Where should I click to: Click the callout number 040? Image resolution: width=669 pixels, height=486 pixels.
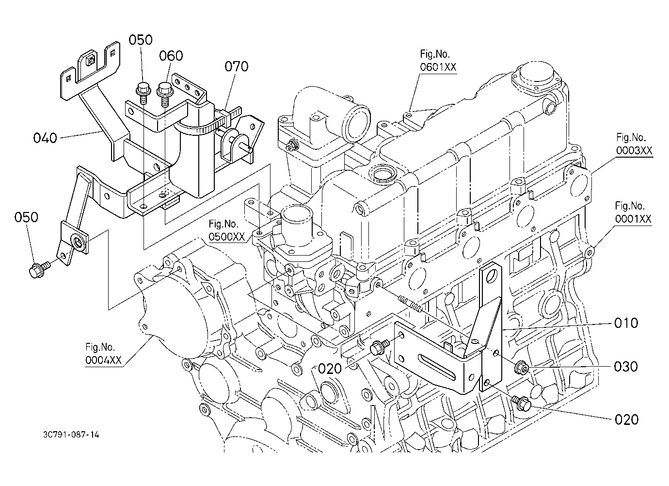pos(45,138)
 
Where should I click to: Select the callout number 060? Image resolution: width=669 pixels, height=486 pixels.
pos(171,56)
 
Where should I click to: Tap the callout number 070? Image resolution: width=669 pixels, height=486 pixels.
pos(236,66)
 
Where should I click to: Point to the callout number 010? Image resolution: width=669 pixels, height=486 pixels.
pos(626,323)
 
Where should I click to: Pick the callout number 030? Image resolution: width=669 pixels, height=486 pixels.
pos(626,367)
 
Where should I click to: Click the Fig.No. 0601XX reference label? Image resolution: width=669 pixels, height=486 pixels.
pos(438,61)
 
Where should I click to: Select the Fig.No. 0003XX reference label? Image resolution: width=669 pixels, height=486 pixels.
pos(635,144)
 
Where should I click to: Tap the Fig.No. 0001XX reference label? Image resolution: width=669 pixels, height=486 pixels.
pos(633,212)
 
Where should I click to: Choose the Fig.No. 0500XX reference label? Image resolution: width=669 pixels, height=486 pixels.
pos(226,230)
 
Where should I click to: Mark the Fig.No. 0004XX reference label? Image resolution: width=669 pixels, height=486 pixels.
pos(103,354)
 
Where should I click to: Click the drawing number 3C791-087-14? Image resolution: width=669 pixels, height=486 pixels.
pos(71,435)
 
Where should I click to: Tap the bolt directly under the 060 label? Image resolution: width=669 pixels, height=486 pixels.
pos(165,93)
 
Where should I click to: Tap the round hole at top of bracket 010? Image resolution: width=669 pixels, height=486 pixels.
pos(492,276)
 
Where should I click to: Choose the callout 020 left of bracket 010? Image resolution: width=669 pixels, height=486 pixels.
pos(330,369)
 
